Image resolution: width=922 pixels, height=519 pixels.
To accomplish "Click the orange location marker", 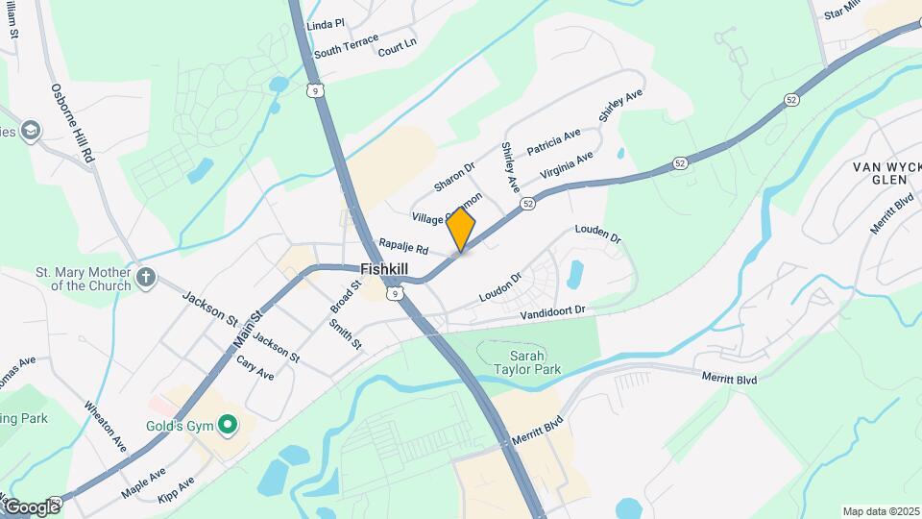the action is (461, 230).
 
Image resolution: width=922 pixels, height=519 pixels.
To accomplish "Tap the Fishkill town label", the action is (387, 269).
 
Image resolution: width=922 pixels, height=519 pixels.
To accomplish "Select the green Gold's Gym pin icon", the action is (228, 423).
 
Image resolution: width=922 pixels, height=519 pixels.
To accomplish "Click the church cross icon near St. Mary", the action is (145, 279).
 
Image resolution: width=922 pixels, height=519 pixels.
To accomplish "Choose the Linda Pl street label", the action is (326, 23).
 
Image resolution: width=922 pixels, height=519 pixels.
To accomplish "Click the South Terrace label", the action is (346, 45).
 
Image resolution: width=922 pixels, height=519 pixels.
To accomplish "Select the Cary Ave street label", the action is (255, 370).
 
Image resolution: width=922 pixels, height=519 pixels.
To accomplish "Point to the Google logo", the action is (32, 507).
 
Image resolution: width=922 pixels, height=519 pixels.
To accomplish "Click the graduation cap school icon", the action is (32, 131).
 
